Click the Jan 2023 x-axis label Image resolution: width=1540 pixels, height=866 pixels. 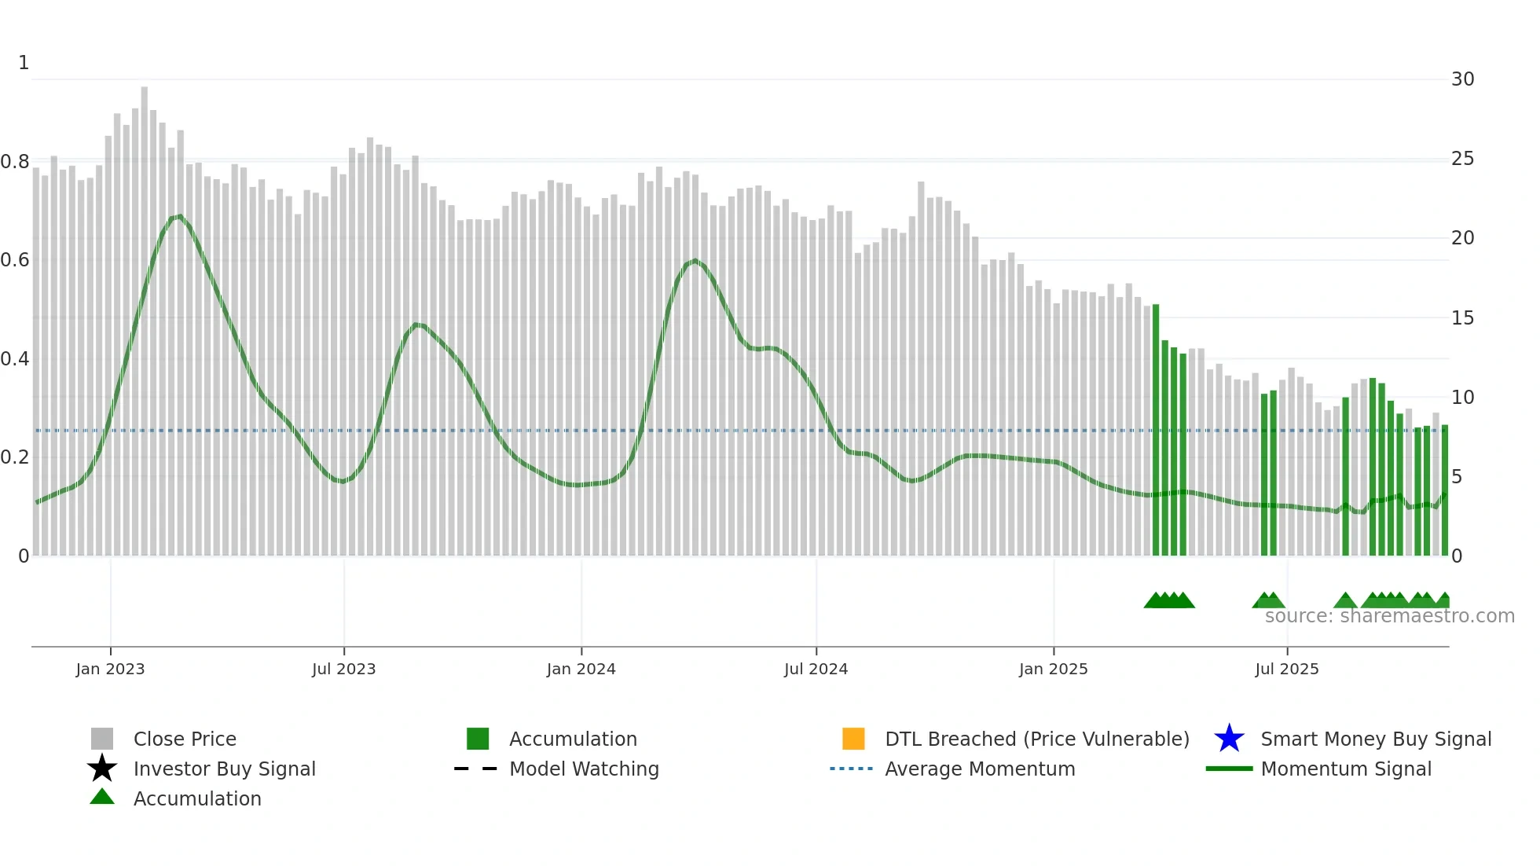click(x=110, y=669)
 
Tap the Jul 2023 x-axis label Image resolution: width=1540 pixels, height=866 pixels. click(x=343, y=669)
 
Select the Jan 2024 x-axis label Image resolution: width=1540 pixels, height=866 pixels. click(x=581, y=669)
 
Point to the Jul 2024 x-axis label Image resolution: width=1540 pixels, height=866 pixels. click(x=816, y=669)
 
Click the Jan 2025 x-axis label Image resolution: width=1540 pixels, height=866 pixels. click(x=1053, y=669)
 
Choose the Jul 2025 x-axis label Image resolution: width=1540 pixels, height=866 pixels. click(x=1286, y=669)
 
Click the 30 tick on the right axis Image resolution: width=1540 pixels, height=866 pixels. click(x=1462, y=79)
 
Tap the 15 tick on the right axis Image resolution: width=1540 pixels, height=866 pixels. click(x=1462, y=318)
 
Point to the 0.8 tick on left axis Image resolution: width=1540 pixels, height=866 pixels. click(x=15, y=162)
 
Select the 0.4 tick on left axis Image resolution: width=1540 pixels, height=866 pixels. click(x=15, y=359)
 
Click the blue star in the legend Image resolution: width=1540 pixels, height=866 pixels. click(x=1229, y=739)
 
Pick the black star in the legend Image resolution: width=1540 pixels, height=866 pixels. click(x=102, y=769)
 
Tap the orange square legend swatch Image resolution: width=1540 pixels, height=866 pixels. click(x=853, y=739)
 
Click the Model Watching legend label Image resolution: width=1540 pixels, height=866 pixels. click(x=584, y=769)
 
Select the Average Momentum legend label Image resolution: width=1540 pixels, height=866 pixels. click(x=980, y=769)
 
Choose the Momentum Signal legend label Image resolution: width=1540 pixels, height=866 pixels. click(x=1346, y=769)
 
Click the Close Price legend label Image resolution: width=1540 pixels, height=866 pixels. click(x=185, y=739)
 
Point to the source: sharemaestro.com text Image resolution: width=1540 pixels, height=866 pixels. click(x=1389, y=616)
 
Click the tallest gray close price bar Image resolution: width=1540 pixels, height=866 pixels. click(x=145, y=314)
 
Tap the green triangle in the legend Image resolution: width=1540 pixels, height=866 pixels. click(x=102, y=797)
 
